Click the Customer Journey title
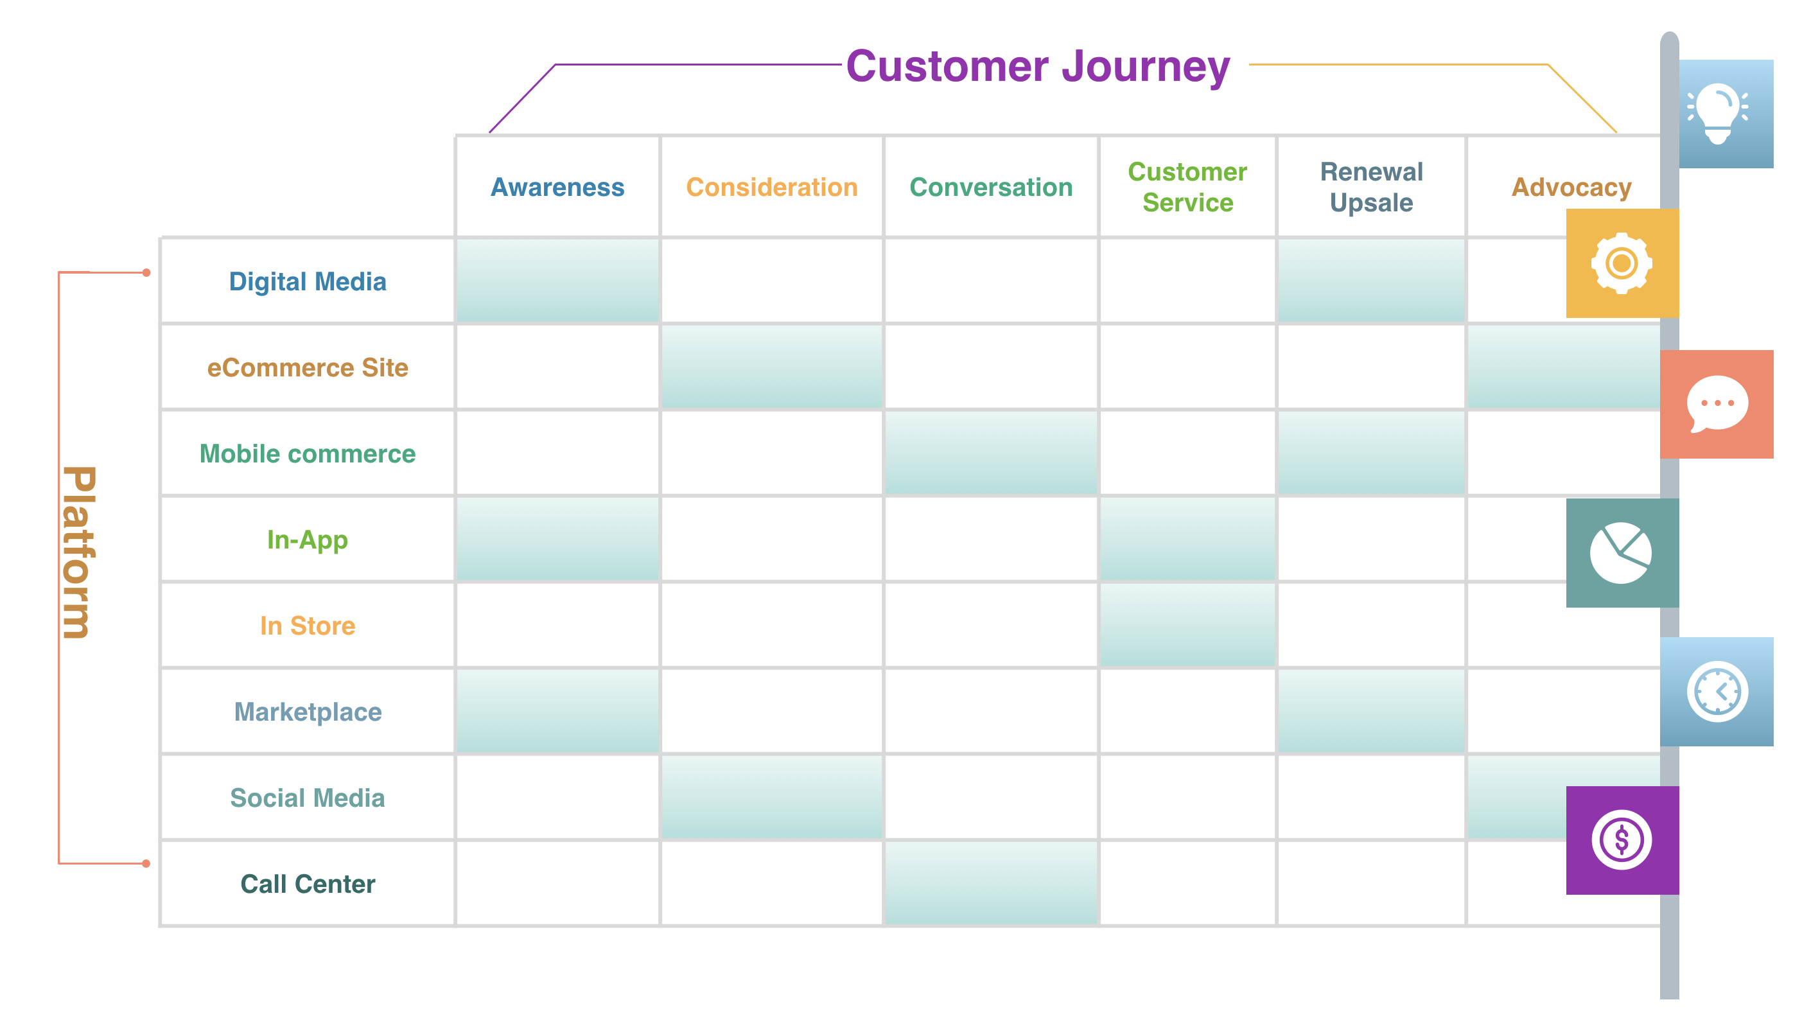[1038, 67]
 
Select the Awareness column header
[557, 188]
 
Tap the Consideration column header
[772, 188]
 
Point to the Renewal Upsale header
[1371, 187]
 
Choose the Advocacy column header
[1571, 188]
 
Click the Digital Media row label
[308, 282]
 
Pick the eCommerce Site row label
[308, 367]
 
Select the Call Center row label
[308, 884]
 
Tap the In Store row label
[308, 626]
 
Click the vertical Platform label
[79, 552]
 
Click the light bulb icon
[1717, 112]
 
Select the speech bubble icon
[1717, 404]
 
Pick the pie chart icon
[1620, 552]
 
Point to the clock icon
[1717, 692]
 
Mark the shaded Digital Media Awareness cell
[557, 281]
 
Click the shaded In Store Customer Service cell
[1187, 626]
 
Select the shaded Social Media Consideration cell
[772, 797]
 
